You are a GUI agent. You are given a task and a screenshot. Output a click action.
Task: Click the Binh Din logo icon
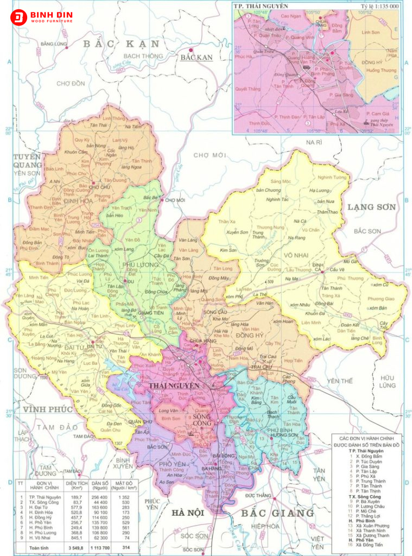(18, 17)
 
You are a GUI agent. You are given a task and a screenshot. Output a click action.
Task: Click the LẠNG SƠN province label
(372, 207)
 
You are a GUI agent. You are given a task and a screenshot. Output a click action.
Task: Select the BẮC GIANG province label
(277, 513)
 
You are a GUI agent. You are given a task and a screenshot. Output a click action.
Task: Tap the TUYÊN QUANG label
(27, 161)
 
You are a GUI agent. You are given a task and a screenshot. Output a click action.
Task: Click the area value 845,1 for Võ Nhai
(73, 536)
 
